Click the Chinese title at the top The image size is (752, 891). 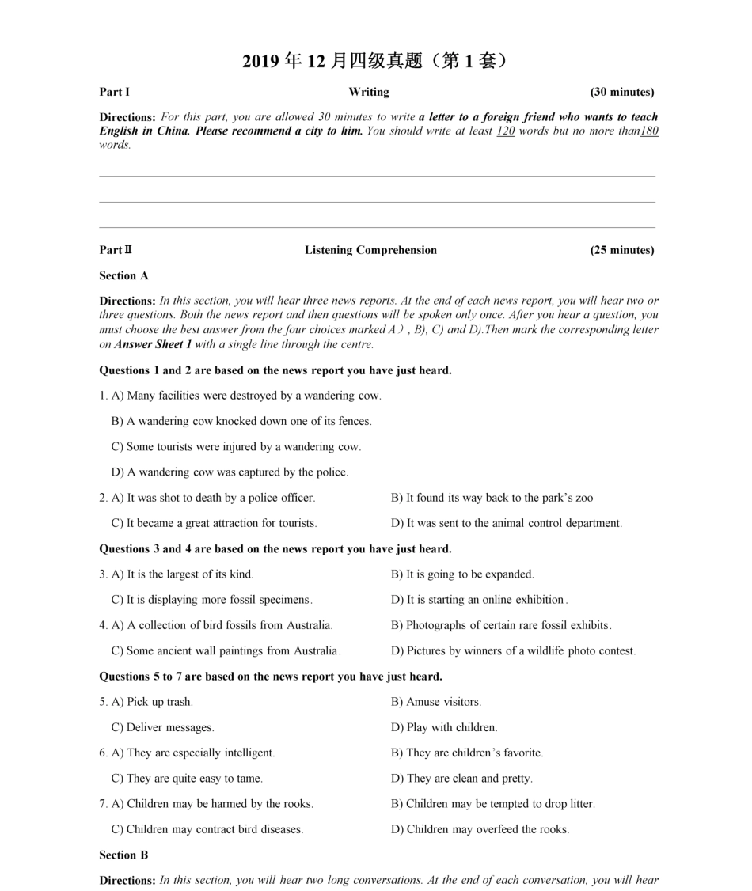[x=374, y=61]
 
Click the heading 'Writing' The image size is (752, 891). [x=369, y=92]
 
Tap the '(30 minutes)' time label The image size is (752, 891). [x=621, y=92]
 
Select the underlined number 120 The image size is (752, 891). [x=505, y=131]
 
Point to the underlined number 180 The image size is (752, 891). [x=649, y=131]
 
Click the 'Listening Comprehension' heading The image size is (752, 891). [x=370, y=250]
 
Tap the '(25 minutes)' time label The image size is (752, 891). [x=621, y=250]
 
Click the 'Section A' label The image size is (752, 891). [x=123, y=276]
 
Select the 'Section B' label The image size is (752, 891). [x=123, y=855]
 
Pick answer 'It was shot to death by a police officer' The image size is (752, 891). [x=213, y=498]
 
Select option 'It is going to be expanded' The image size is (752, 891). [x=462, y=574]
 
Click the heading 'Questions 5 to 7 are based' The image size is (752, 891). [x=270, y=677]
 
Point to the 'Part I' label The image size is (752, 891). [x=114, y=92]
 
